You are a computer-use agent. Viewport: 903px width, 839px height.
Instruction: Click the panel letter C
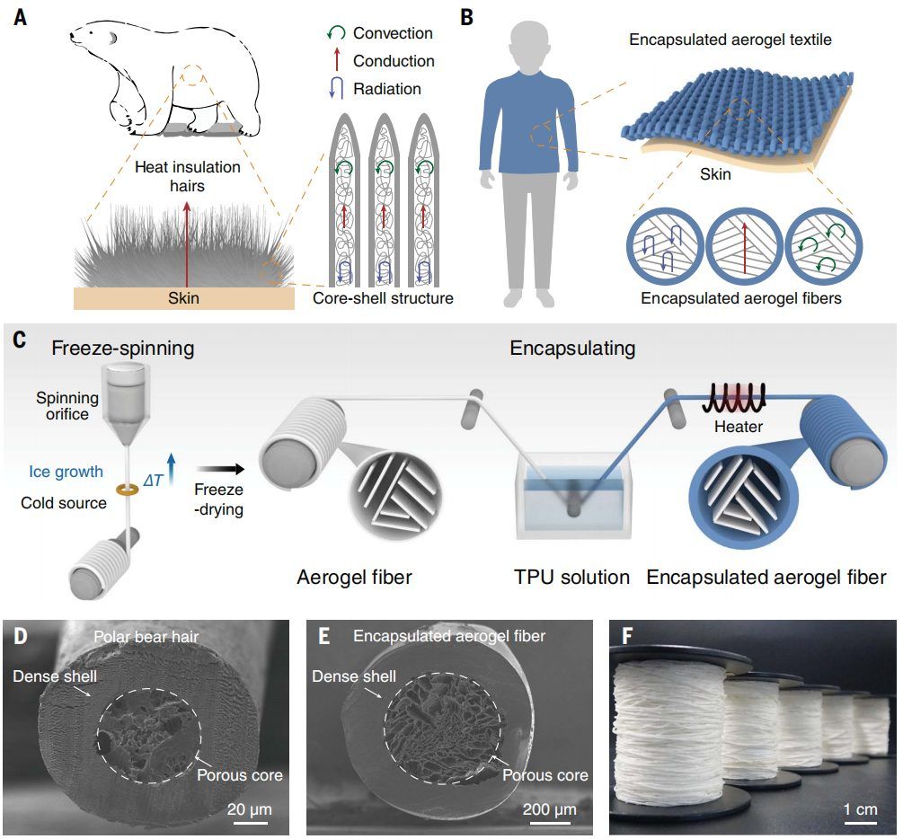(20, 340)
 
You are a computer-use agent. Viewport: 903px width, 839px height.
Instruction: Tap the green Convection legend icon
(336, 33)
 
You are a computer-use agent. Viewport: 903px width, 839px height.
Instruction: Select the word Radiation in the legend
(387, 89)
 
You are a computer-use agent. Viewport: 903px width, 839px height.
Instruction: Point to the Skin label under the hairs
(183, 297)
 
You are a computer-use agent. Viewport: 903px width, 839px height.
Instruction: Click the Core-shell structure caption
(383, 297)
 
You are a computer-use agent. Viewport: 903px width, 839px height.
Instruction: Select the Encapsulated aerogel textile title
(730, 40)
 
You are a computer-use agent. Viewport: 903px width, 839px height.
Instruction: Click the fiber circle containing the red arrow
(744, 246)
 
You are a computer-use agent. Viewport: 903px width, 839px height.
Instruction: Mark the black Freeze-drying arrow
(219, 469)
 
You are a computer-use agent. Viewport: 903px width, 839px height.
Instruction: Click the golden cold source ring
(128, 490)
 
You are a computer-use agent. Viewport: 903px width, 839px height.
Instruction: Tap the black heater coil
(734, 397)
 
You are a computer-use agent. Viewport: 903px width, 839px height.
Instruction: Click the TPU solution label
(571, 577)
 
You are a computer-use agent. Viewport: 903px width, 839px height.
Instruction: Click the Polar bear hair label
(146, 637)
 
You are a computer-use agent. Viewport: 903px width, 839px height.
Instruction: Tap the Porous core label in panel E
(545, 775)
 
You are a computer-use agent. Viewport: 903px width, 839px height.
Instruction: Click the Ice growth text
(66, 472)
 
